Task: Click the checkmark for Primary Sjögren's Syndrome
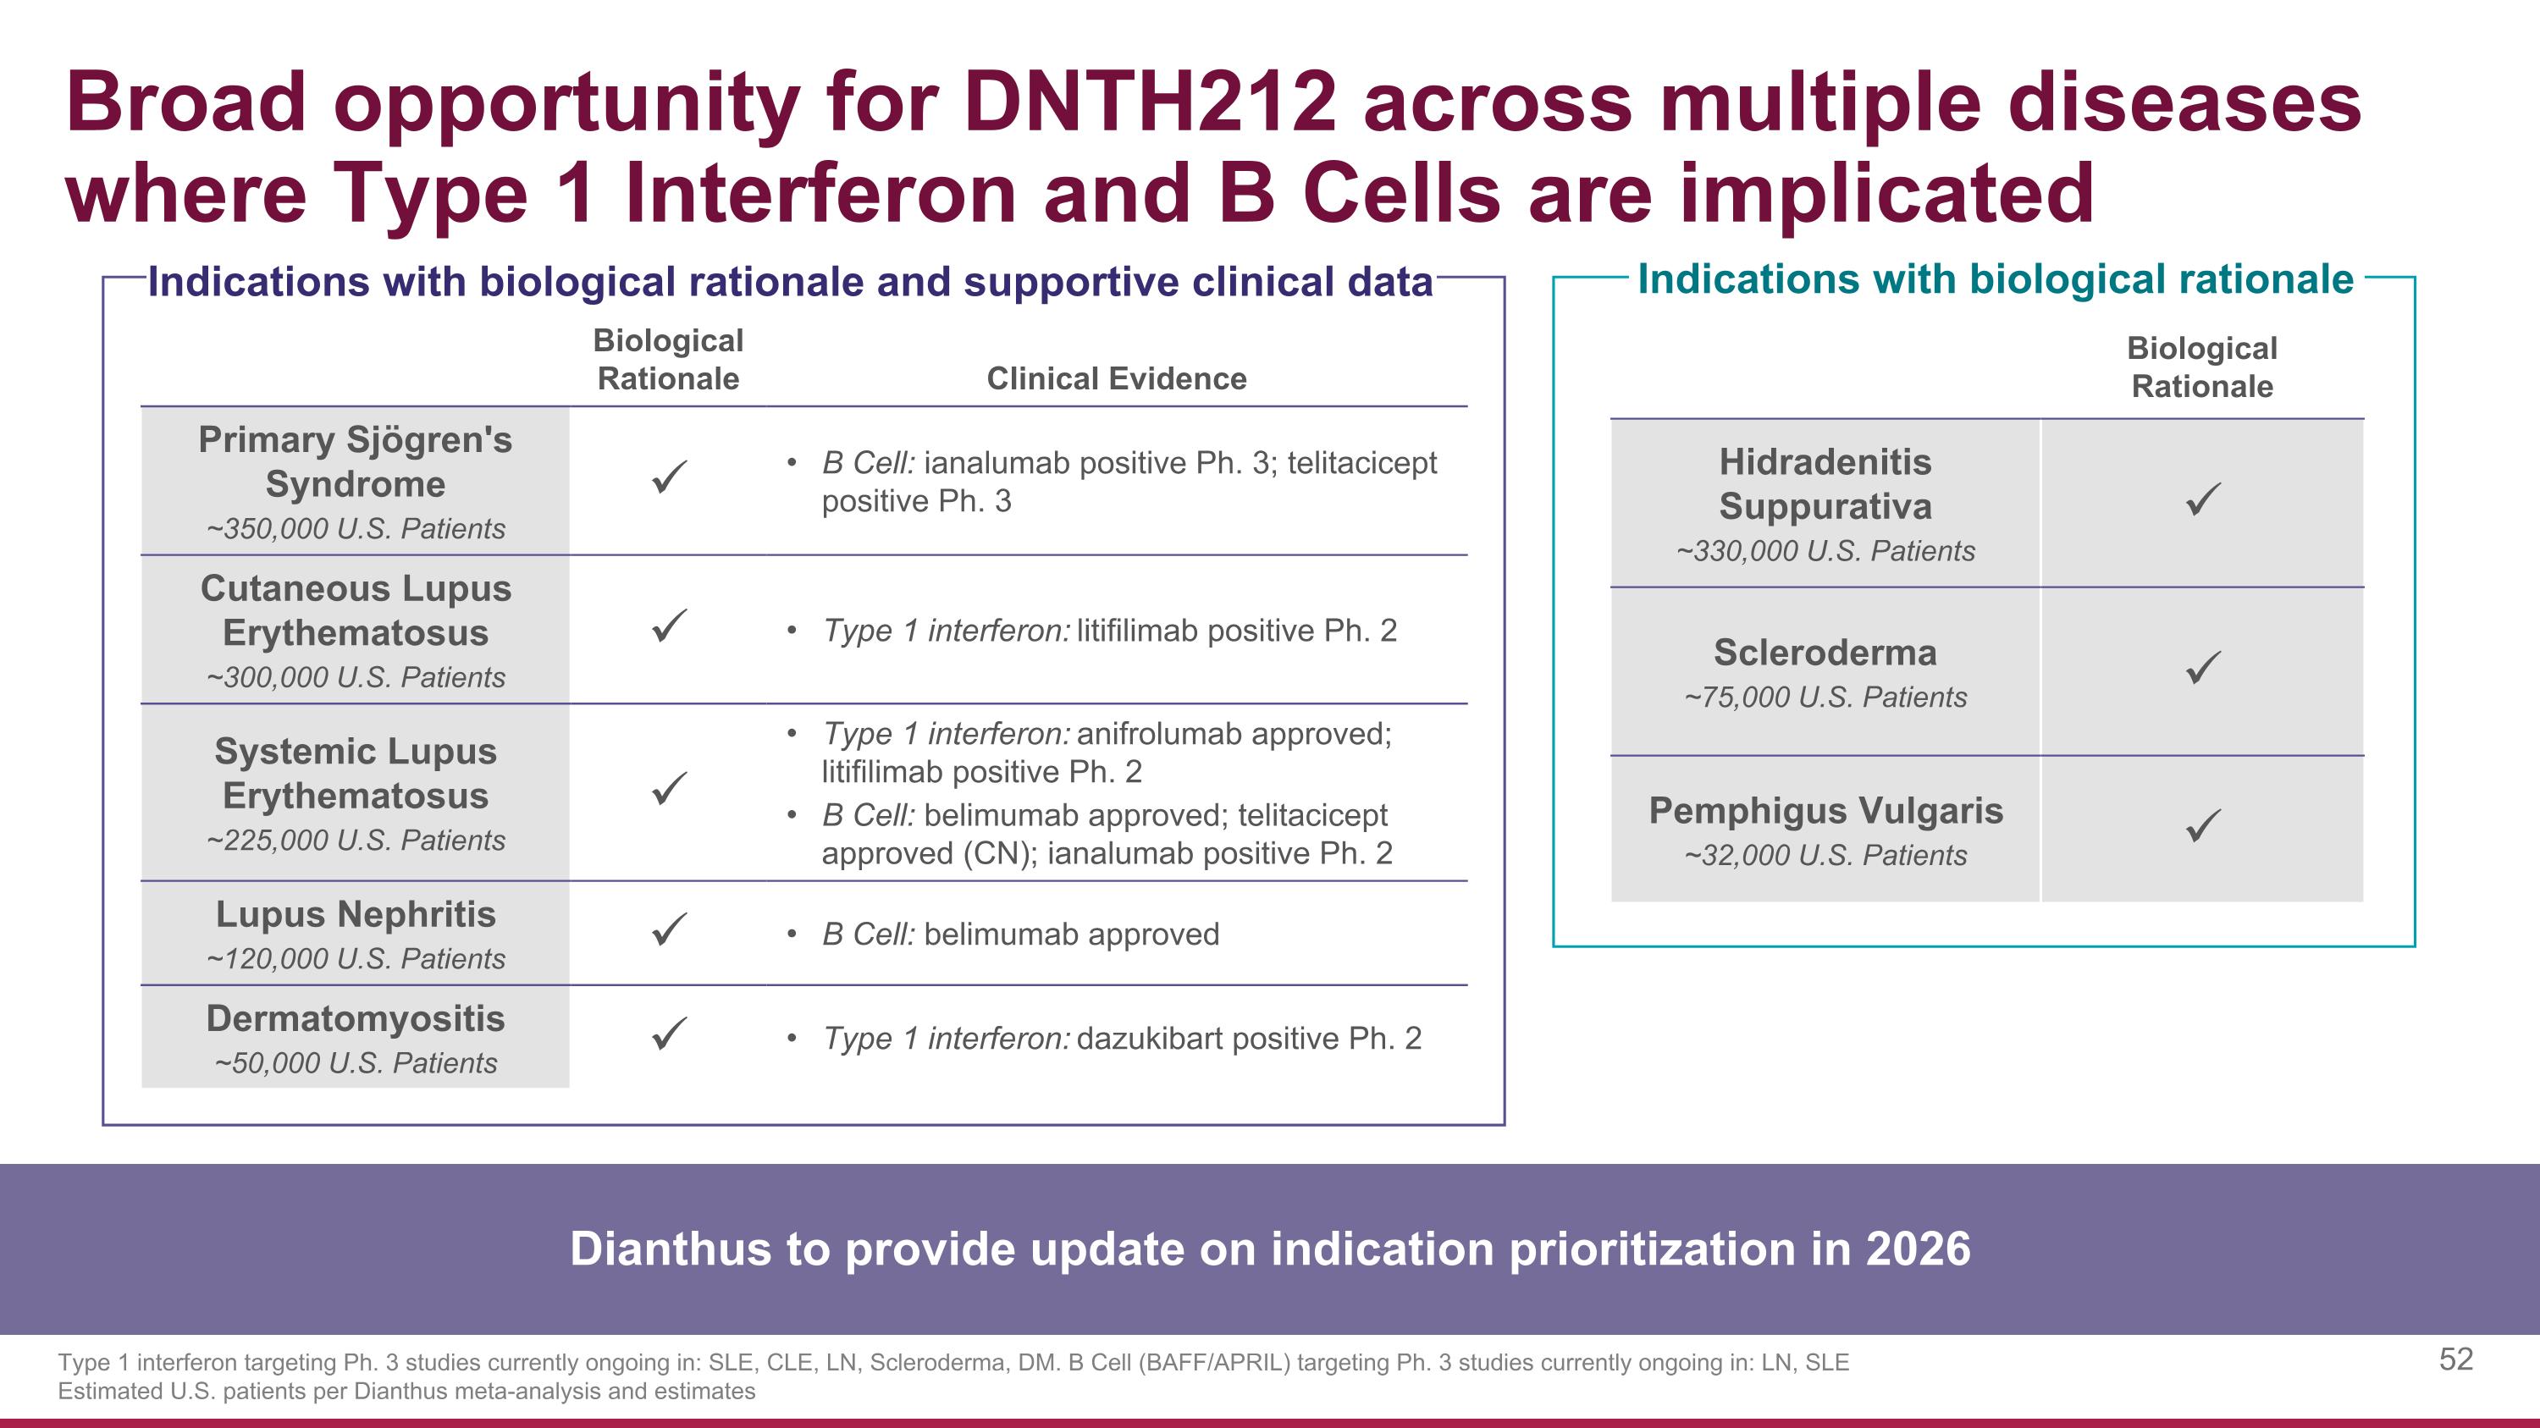click(669, 478)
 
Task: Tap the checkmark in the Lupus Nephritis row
click(669, 929)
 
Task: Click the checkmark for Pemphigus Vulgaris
click(2202, 826)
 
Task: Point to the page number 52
click(2455, 1360)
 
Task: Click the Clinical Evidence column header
click(1116, 378)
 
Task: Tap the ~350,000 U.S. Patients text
click(355, 529)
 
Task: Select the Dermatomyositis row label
click(355, 1019)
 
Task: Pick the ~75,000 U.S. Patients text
click(1825, 697)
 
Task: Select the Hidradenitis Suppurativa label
click(1825, 484)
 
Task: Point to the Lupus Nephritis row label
click(355, 914)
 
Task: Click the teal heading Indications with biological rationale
click(1995, 280)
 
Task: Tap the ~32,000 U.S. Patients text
click(1825, 856)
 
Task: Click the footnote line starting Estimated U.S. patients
click(406, 1392)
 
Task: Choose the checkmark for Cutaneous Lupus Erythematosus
click(669, 626)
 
